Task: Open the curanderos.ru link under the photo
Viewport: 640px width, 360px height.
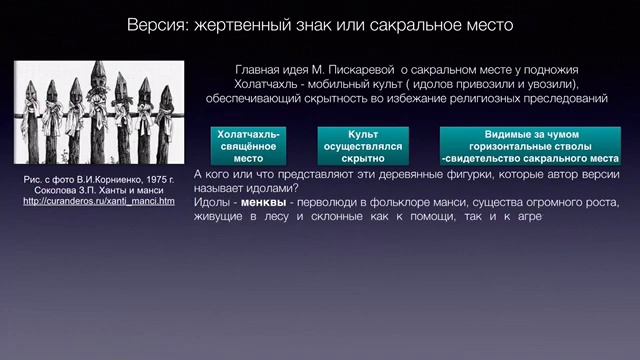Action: (x=98, y=201)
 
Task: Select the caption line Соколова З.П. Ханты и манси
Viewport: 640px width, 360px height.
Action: (x=98, y=190)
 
